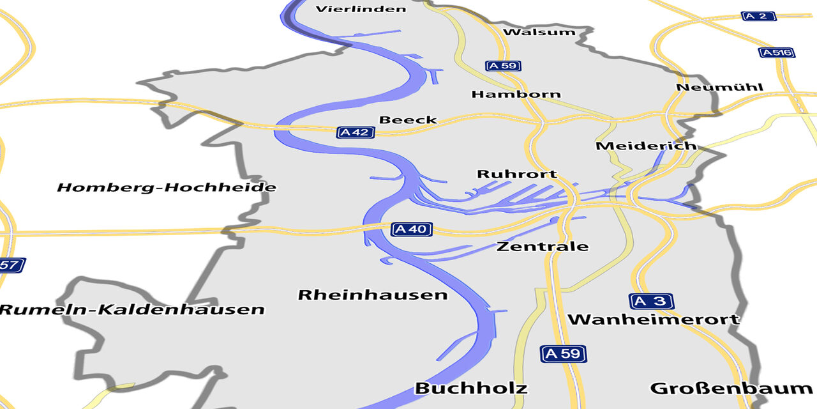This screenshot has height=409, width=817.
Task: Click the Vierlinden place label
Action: (361, 9)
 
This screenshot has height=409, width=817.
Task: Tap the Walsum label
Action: (539, 32)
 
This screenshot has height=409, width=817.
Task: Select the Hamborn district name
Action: (516, 94)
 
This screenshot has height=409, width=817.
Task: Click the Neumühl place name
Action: (719, 87)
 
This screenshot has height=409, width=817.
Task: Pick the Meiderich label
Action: (646, 146)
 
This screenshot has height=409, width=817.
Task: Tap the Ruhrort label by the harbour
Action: (517, 174)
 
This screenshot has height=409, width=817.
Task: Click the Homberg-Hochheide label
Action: (167, 187)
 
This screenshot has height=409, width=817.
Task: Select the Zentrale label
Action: (543, 247)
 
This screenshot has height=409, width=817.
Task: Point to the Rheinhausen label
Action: (373, 295)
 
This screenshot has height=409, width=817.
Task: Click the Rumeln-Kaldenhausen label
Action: (131, 310)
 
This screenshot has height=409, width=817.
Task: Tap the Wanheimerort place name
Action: (654, 319)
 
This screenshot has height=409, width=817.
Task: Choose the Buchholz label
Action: (471, 388)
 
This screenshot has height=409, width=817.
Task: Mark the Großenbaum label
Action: (731, 388)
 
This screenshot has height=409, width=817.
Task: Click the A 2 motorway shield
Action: (758, 16)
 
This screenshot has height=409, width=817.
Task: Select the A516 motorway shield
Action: (777, 52)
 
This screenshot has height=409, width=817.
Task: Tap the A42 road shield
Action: (356, 132)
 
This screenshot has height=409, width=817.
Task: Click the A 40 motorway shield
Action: (412, 229)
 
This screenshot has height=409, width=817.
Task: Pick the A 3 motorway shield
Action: (652, 300)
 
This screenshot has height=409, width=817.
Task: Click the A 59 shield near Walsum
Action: (503, 65)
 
